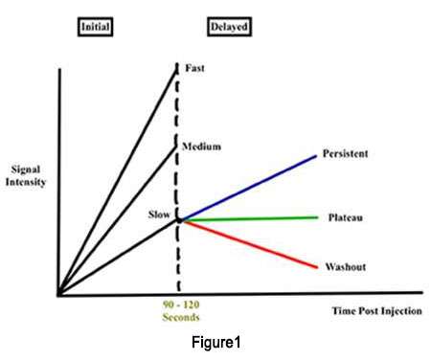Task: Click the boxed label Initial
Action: pos(96,26)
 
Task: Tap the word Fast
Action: pos(194,68)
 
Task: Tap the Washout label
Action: pos(348,266)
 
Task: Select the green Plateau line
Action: pos(249,219)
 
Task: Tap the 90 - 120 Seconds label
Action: pos(178,312)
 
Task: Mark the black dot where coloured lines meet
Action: pos(178,220)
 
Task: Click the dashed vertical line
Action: pos(178,259)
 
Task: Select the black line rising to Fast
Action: pos(118,179)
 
